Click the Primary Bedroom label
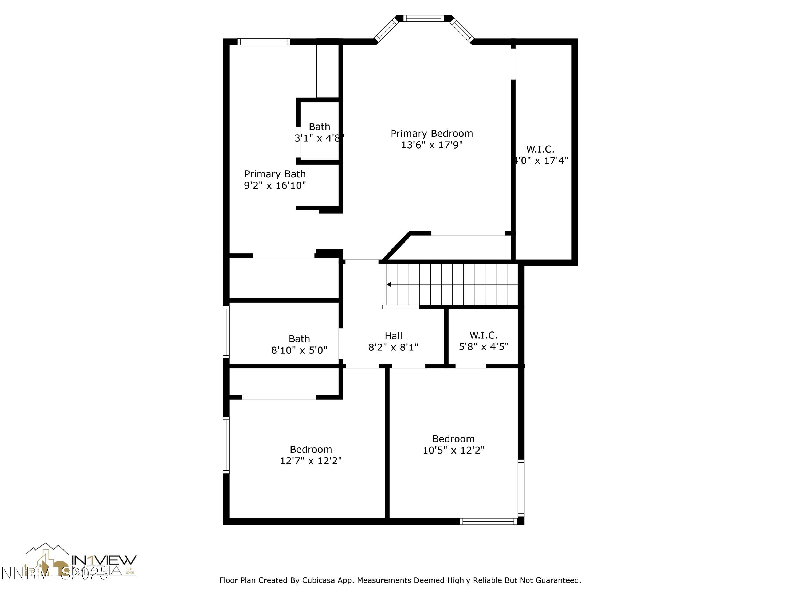click(x=432, y=134)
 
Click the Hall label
click(x=393, y=336)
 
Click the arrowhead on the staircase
click(x=389, y=284)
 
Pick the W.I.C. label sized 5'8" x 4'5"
click(x=484, y=335)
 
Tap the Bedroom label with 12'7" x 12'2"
click(x=311, y=449)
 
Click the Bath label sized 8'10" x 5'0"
click(x=299, y=339)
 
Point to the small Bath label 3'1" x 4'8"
click(x=319, y=127)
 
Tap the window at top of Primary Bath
click(x=264, y=42)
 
